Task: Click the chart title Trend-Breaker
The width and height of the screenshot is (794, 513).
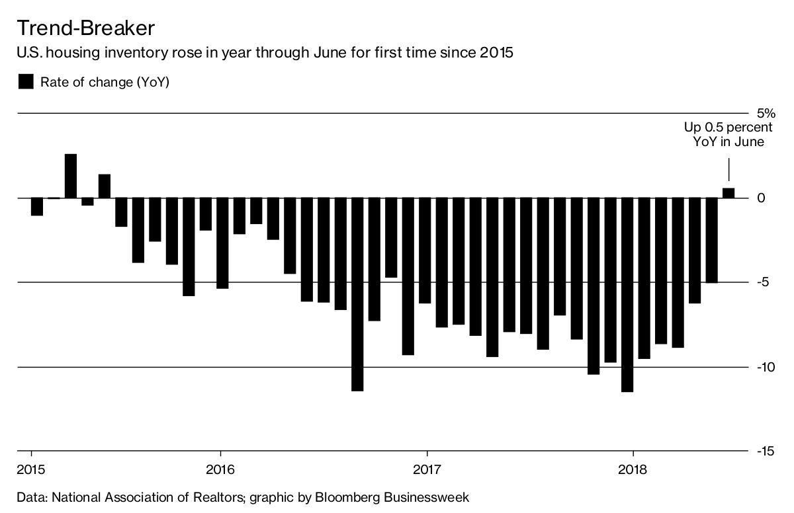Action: pyautogui.click(x=85, y=28)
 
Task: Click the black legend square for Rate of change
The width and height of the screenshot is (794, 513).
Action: pyautogui.click(x=25, y=82)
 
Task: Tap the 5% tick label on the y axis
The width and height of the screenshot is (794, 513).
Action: pyautogui.click(x=766, y=113)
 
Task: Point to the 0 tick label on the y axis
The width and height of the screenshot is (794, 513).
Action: pyautogui.click(x=761, y=198)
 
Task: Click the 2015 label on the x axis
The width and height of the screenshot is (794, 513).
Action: pyautogui.click(x=31, y=471)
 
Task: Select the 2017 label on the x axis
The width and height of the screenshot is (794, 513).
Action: pyautogui.click(x=427, y=471)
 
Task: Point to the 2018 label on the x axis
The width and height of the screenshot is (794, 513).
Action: pyautogui.click(x=633, y=471)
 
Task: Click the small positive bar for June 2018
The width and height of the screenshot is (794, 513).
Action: pyautogui.click(x=728, y=193)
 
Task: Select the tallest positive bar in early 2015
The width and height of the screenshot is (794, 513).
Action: pyautogui.click(x=71, y=176)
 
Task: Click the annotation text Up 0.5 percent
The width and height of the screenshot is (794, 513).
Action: pyautogui.click(x=728, y=127)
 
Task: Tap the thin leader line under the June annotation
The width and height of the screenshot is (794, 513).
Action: pyautogui.click(x=728, y=169)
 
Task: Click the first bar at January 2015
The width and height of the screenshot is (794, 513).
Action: pyautogui.click(x=37, y=207)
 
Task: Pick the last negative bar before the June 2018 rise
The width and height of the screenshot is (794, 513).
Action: pyautogui.click(x=711, y=240)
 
